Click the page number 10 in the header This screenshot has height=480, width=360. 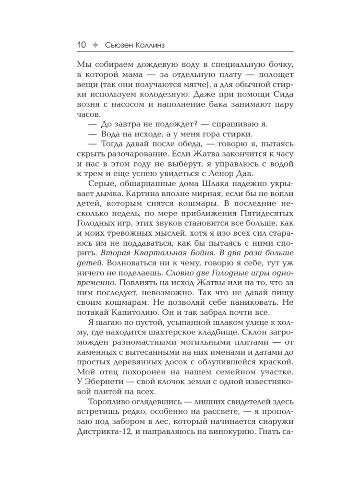pyautogui.click(x=81, y=45)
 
